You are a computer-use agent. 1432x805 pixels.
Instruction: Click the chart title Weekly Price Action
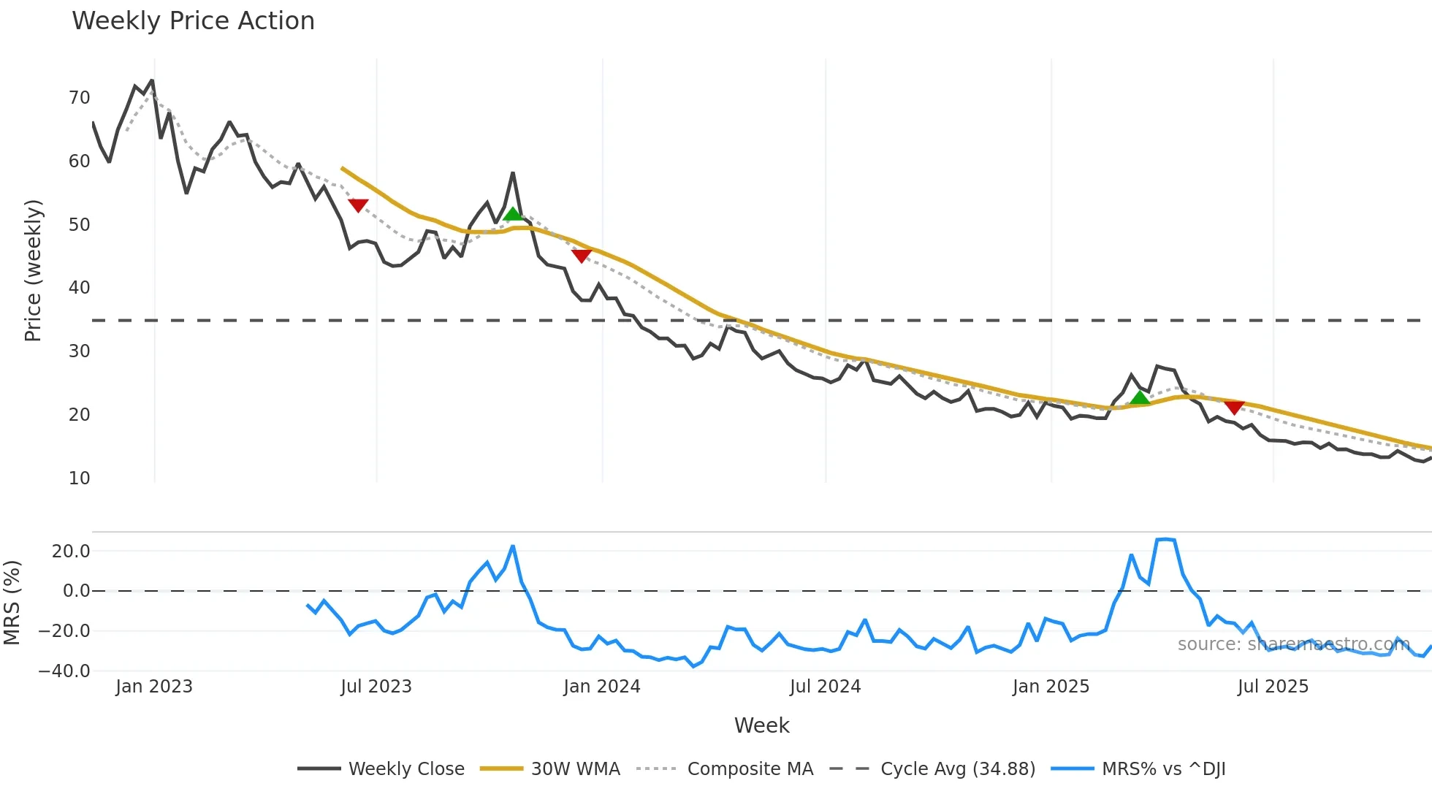click(193, 21)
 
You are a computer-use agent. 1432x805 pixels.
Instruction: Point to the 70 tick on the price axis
click(79, 98)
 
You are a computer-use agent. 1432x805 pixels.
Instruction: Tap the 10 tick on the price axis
click(79, 478)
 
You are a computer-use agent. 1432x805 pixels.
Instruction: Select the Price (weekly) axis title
click(33, 270)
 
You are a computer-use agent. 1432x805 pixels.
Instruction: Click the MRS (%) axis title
click(12, 603)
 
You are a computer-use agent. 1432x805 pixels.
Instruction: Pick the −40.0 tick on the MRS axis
click(64, 671)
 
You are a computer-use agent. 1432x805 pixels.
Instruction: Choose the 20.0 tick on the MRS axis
click(71, 552)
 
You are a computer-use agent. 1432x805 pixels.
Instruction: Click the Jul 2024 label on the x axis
click(825, 687)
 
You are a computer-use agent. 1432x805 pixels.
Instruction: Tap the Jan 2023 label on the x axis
click(154, 687)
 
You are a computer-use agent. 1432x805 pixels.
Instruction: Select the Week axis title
click(761, 725)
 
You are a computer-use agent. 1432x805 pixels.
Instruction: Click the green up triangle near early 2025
click(1140, 398)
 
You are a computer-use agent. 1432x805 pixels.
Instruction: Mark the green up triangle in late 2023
click(513, 214)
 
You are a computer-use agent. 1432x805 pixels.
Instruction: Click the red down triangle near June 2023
click(358, 205)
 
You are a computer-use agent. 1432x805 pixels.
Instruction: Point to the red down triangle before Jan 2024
click(581, 256)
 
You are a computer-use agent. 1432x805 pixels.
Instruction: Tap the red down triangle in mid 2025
click(1234, 407)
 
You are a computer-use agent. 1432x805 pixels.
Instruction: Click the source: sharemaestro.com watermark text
click(1293, 644)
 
